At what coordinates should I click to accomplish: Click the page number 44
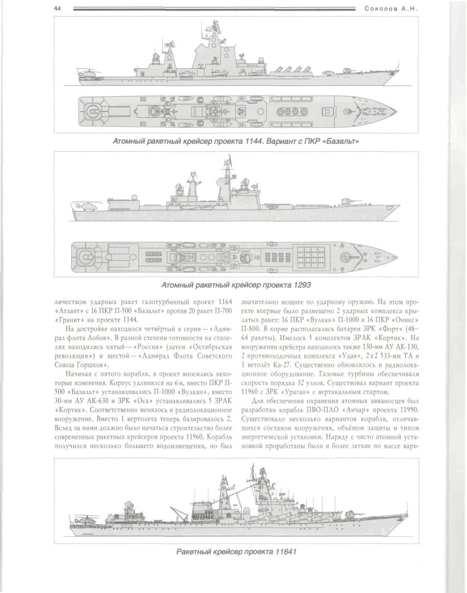[x=57, y=8]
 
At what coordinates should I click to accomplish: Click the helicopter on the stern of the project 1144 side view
[x=89, y=72]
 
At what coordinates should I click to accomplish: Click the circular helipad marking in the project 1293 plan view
[x=86, y=256]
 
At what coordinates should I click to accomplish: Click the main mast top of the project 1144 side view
[x=213, y=23]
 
